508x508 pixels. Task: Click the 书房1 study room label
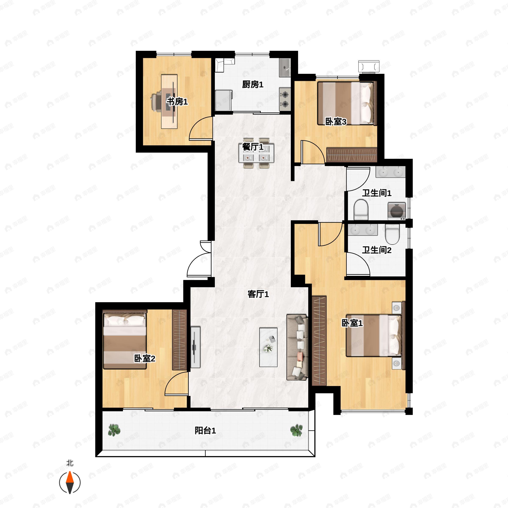pos(177,102)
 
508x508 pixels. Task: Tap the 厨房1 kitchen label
pos(253,85)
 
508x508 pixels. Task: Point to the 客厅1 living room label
pos(258,294)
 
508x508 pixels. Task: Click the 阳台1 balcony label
pos(205,431)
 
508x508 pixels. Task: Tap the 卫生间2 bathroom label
pos(377,250)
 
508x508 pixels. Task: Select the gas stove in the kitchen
pos(285,99)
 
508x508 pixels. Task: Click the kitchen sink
pos(285,68)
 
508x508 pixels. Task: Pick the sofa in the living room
pos(297,347)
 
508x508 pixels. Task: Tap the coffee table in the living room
pos(268,347)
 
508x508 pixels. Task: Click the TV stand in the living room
pos(195,347)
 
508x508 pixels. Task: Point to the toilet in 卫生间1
pos(361,210)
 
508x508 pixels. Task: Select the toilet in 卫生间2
pos(392,234)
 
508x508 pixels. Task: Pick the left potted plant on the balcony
pos(114,430)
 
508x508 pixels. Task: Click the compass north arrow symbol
pos(70,483)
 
